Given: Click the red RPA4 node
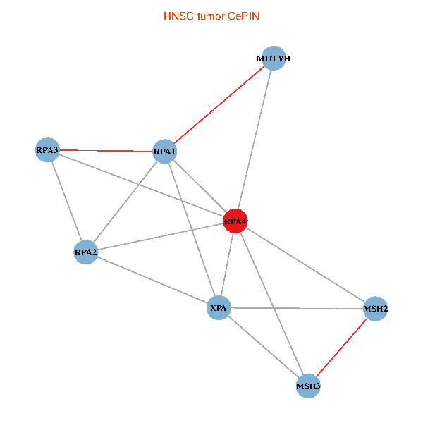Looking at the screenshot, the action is point(235,221).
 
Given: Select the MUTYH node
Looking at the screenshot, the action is point(274,58).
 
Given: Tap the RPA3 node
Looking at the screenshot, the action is point(47,149).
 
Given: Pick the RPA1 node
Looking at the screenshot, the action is point(164,152).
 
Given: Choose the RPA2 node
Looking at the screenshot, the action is point(86,252).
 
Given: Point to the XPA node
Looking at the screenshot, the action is point(219,308).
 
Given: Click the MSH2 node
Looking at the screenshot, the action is point(376,309).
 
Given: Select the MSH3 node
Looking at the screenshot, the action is point(308,386).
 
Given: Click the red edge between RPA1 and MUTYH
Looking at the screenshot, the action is point(219,104).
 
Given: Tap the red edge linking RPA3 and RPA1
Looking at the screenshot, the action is point(106,151).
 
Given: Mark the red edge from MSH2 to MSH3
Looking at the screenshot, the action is point(342,347).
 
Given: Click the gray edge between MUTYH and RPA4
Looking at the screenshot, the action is point(255,140).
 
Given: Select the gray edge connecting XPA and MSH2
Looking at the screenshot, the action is point(297,308).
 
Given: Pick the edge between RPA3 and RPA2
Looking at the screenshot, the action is point(67,201).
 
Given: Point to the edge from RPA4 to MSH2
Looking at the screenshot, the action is point(305,264).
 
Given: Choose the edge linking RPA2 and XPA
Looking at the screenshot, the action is point(152,280).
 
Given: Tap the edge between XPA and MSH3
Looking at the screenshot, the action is point(264,347).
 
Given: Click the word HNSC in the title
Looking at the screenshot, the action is point(178,16).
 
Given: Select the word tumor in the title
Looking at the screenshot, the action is point(211,16).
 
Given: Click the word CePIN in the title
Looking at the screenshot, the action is point(244,16).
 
